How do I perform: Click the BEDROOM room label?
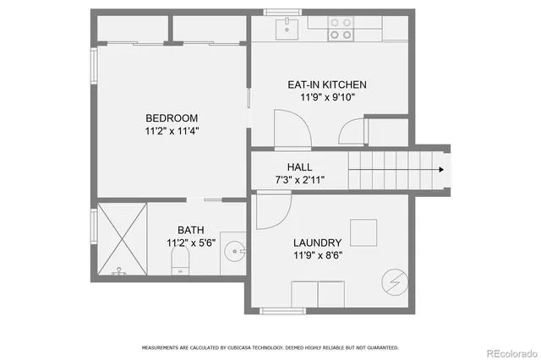172,117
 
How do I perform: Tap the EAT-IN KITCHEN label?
327,85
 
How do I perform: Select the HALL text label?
300,166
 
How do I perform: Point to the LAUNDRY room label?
317,242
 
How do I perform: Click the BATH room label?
190,230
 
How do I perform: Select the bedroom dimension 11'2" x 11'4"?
172,131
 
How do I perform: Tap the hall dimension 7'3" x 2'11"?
300,180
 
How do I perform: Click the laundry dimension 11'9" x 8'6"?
318,255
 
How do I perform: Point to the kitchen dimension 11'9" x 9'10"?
327,97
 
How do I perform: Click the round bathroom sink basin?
238,251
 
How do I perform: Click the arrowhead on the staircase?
440,169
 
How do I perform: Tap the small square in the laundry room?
364,232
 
